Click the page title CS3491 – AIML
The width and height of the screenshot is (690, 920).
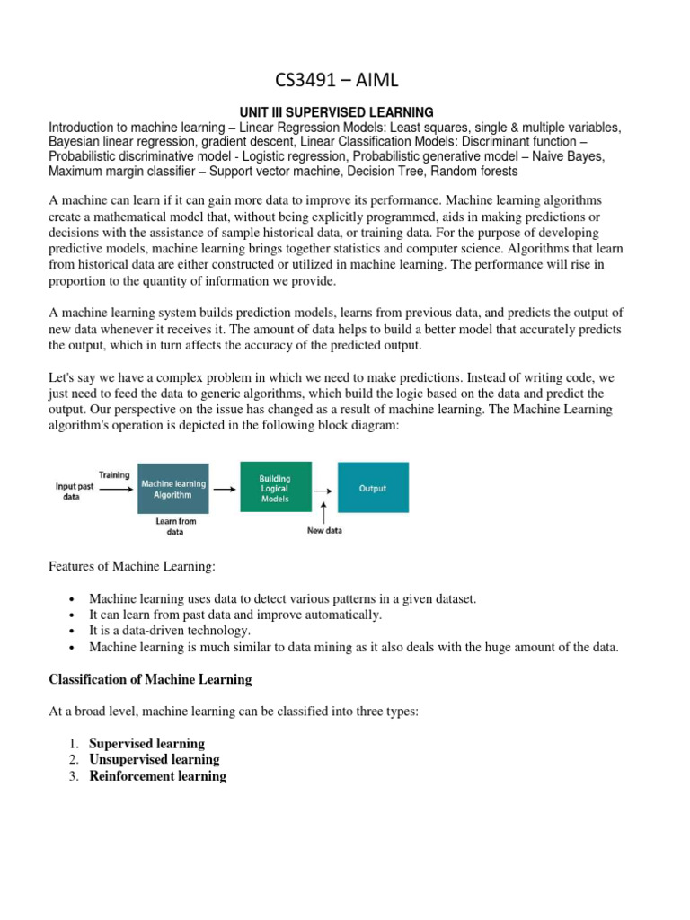(344, 82)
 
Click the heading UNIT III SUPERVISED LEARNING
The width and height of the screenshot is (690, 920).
(344, 112)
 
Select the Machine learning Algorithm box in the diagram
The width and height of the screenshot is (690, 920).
(173, 490)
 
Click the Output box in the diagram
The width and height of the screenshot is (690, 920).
(373, 489)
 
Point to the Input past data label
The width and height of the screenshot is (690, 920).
(75, 490)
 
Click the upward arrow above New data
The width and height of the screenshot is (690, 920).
(323, 512)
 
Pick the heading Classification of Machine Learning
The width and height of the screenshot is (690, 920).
(150, 678)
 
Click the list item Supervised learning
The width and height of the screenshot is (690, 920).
(146, 744)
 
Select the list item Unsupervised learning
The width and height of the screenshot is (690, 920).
(155, 760)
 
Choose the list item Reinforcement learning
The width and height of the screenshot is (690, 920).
(157, 776)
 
